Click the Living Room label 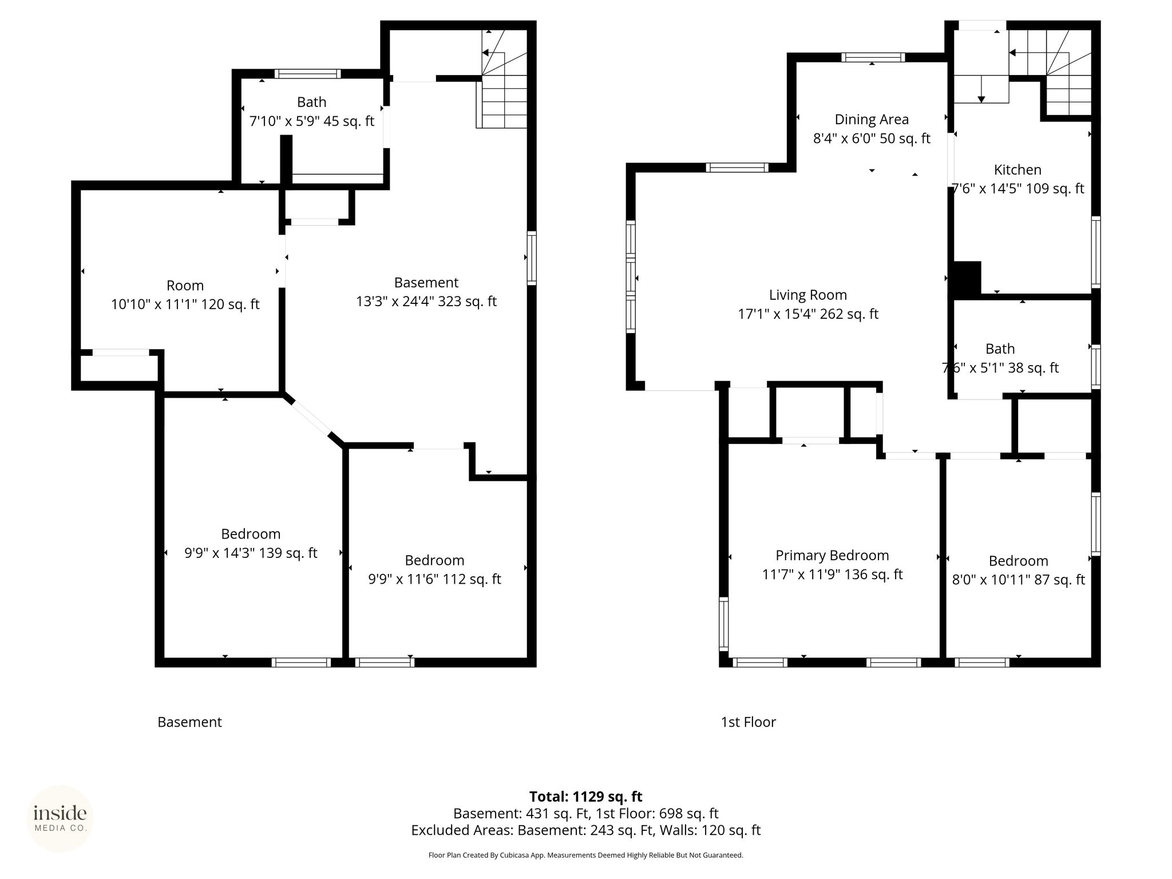click(807, 295)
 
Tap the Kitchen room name click(1017, 170)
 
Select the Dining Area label click(872, 120)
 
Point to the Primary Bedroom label click(832, 556)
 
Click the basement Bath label click(312, 102)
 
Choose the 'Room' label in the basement click(185, 286)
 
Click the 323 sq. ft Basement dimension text click(426, 302)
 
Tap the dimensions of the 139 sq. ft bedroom click(251, 553)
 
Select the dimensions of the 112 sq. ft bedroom click(434, 580)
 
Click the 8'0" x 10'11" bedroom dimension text click(1018, 580)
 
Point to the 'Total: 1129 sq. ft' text click(585, 797)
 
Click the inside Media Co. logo click(60, 819)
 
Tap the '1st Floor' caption click(749, 722)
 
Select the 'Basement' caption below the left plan click(189, 722)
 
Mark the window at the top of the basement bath click(307, 73)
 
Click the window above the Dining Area click(873, 57)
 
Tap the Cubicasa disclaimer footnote click(585, 856)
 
